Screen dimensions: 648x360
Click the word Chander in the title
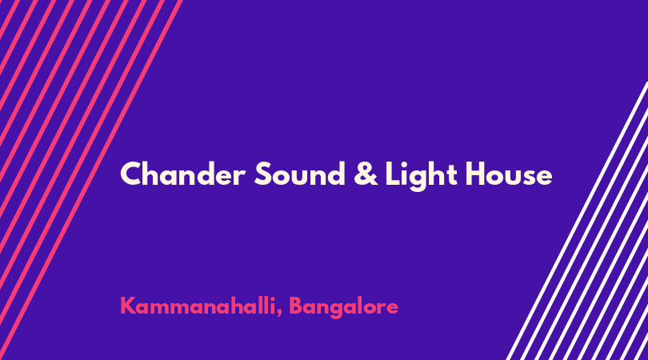[182, 174]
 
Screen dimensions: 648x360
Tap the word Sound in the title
[300, 174]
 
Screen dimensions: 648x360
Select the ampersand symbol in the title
[366, 174]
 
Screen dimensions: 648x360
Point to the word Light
[421, 175]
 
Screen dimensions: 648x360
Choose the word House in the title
[509, 174]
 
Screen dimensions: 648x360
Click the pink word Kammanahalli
[198, 306]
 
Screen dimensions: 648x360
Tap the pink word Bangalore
[343, 307]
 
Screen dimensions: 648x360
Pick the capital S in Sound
[263, 174]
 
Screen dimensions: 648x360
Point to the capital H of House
[476, 174]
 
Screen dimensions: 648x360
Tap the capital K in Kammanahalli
[128, 306]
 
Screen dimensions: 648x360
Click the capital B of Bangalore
[295, 306]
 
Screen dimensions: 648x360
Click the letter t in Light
[452, 175]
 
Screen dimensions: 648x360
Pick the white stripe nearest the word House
[577, 221]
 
